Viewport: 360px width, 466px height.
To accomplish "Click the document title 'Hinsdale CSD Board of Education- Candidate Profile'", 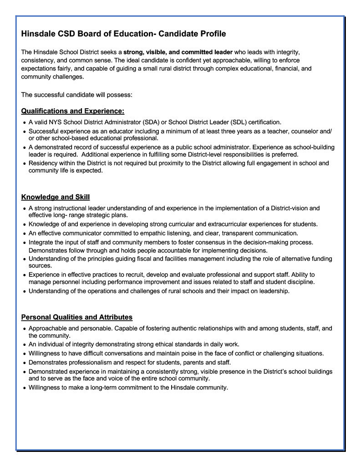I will coord(123,34).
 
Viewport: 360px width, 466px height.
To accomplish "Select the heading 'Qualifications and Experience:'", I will coord(73,111).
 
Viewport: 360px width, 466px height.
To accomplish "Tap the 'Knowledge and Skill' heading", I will coord(56,197).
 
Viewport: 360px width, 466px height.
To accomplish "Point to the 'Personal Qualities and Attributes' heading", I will coord(77,317).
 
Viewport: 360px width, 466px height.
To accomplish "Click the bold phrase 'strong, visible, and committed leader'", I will coord(178,52).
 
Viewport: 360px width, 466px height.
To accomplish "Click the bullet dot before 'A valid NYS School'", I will coord(24,123).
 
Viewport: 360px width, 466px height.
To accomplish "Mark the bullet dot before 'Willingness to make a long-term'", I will coord(24,388).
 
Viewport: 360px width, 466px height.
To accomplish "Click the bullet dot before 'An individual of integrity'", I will coord(24,345).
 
